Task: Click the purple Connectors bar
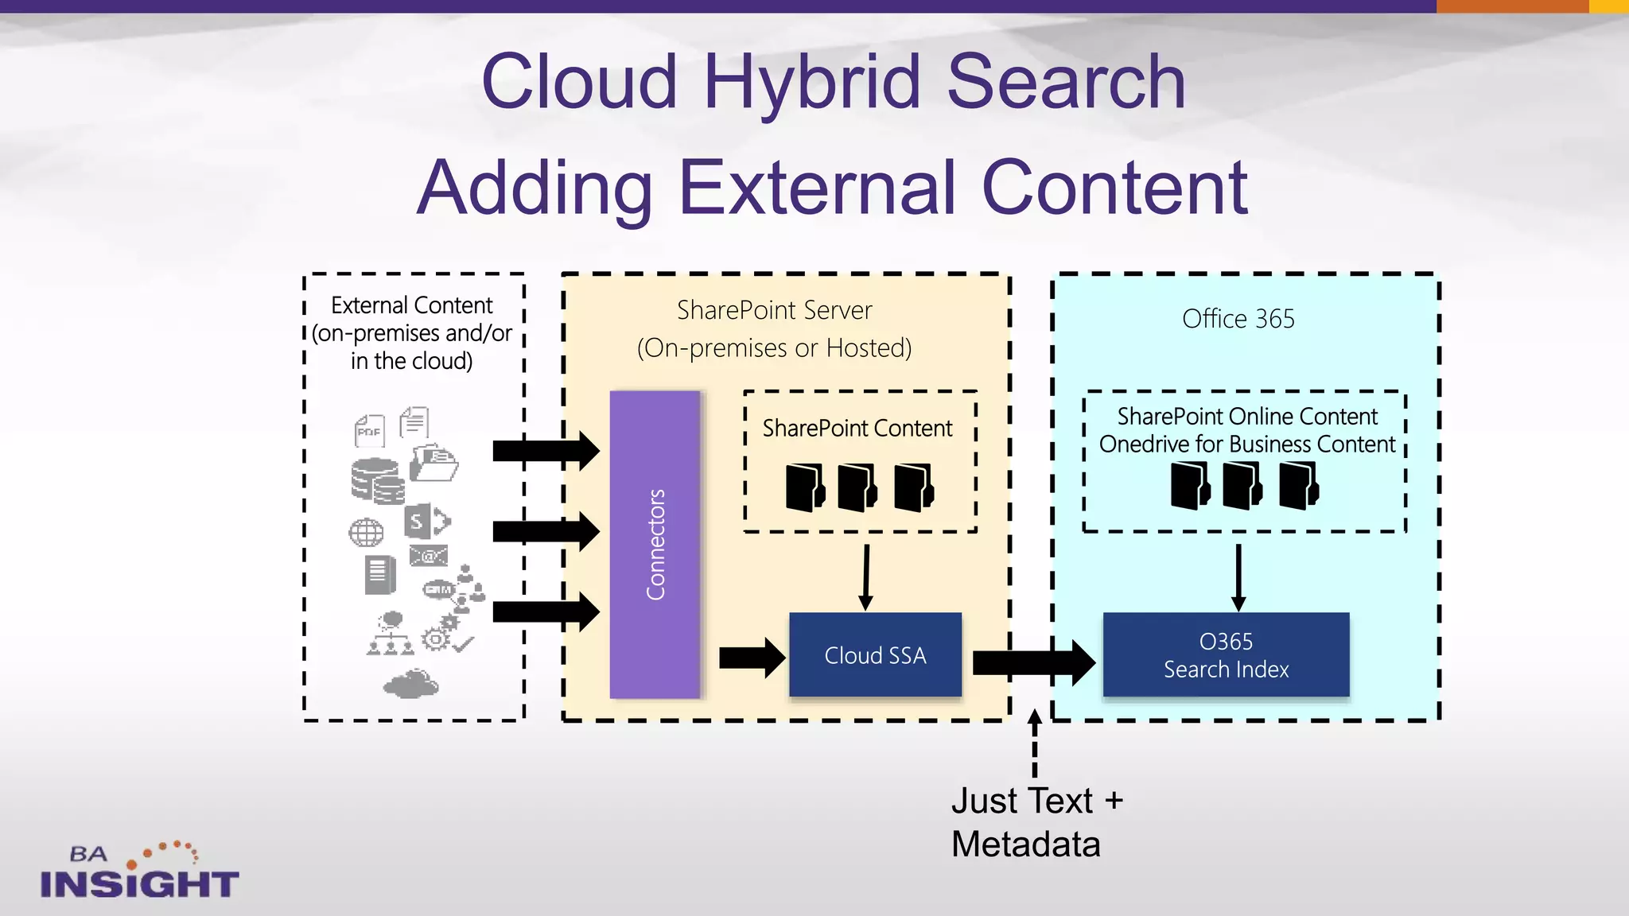[x=655, y=545]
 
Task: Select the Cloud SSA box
[x=875, y=655]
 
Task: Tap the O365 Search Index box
[x=1226, y=655]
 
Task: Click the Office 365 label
[x=1238, y=319]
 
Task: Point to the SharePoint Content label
[x=857, y=429]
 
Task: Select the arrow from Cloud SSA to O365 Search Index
[x=1032, y=662]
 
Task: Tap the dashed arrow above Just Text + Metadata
[x=1034, y=743]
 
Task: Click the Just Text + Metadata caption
[x=1036, y=822]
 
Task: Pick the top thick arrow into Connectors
[x=545, y=451]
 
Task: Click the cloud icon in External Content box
[x=410, y=683]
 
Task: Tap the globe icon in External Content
[x=366, y=532]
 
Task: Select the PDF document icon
[x=369, y=431]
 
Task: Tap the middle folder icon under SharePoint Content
[x=857, y=487]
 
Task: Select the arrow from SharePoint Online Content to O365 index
[x=1238, y=577]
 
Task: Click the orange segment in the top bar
[x=1511, y=6]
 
